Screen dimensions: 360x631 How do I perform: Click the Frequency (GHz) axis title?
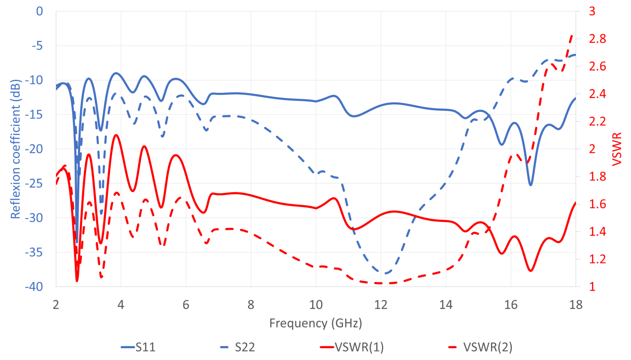[x=315, y=323]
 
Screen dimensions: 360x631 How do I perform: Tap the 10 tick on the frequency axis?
[x=315, y=305]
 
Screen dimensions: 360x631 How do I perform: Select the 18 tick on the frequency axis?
[x=576, y=305]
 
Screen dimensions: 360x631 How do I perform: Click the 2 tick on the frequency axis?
[x=56, y=305]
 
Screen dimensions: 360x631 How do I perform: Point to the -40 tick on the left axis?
[x=34, y=287]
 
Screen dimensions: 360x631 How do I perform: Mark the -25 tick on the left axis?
[x=34, y=183]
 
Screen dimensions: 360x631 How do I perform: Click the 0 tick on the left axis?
[x=40, y=11]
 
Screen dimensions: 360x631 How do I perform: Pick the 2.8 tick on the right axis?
[x=597, y=39]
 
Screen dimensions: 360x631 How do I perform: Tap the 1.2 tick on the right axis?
[x=597, y=259]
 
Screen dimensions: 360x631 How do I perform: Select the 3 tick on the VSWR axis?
[x=592, y=11]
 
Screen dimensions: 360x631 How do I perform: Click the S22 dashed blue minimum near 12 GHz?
[x=385, y=273]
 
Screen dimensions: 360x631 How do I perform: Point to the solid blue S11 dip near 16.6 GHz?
[x=531, y=185]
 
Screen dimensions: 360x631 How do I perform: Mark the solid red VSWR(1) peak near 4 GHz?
[x=116, y=135]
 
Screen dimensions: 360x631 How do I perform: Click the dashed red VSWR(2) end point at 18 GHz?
[x=572, y=35]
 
